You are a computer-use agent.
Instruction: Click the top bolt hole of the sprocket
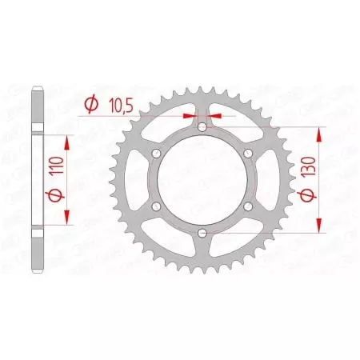(x=202, y=126)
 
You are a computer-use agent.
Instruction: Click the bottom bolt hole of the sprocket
(x=202, y=234)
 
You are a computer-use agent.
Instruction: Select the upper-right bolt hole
(x=248, y=153)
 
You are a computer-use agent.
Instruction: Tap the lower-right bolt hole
(x=248, y=206)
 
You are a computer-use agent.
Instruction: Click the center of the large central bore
(x=202, y=180)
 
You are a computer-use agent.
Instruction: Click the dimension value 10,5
(x=117, y=103)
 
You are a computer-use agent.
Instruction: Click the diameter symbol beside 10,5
(x=90, y=103)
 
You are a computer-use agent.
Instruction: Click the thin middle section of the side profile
(x=38, y=180)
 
